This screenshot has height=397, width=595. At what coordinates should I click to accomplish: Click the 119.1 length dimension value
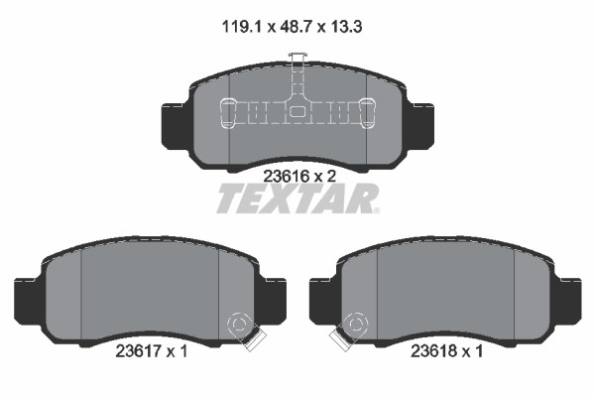coord(242,27)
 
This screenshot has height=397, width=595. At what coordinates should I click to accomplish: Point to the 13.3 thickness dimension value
coord(346,27)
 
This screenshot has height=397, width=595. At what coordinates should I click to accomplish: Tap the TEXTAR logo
coord(297,198)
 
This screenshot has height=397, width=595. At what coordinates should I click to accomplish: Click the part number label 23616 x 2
coord(299,177)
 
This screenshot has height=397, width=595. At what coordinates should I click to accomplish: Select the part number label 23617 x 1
coord(152,351)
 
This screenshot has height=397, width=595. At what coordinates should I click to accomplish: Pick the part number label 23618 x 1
coord(447,351)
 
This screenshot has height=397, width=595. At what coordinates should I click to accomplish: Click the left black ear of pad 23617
coord(28,302)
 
